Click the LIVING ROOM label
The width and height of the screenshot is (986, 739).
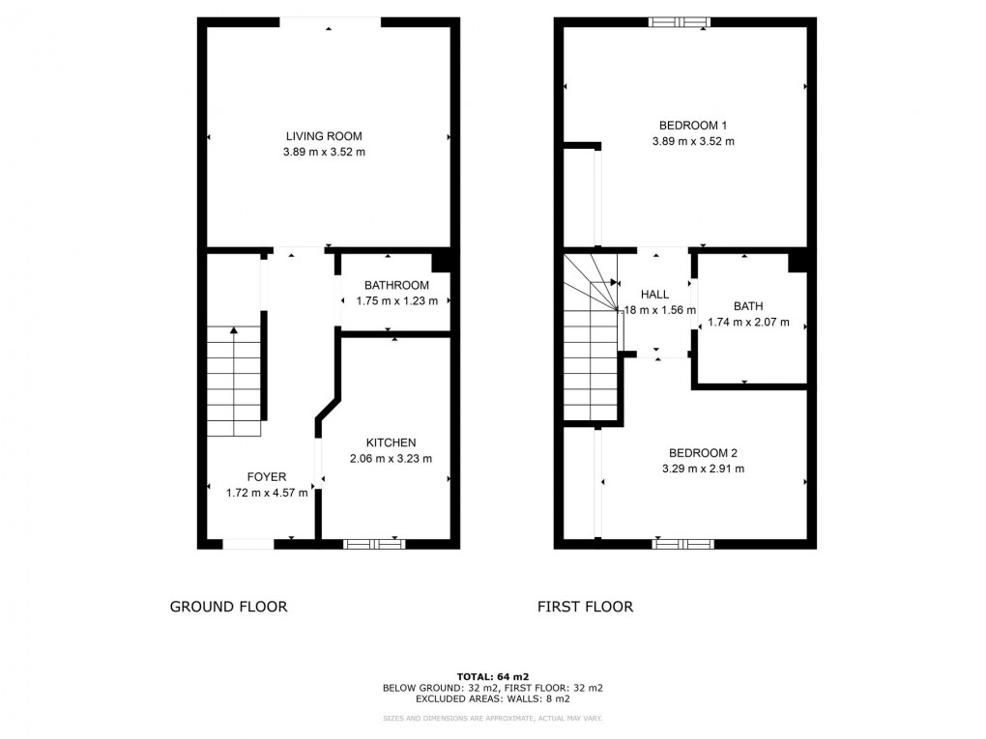click(324, 136)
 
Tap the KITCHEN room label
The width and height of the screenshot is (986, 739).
click(391, 442)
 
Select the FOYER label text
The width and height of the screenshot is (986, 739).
click(266, 476)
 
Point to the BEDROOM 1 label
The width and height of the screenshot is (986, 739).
click(693, 125)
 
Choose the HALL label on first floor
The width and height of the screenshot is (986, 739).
click(655, 295)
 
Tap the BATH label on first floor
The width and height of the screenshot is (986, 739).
click(748, 306)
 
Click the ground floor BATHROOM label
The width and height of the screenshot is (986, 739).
click(396, 285)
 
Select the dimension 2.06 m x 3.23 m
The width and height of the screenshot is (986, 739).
click(391, 459)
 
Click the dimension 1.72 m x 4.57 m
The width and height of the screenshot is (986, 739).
click(266, 493)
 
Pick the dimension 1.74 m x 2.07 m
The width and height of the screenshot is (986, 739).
click(748, 323)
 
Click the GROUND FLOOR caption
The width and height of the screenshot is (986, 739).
click(228, 607)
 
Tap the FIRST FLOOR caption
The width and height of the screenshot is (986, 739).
click(585, 607)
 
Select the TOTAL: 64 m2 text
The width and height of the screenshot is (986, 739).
click(493, 676)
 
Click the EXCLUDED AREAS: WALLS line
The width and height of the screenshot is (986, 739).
click(493, 698)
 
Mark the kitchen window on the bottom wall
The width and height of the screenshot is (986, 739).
click(374, 544)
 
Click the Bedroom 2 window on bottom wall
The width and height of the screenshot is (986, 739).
click(682, 544)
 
